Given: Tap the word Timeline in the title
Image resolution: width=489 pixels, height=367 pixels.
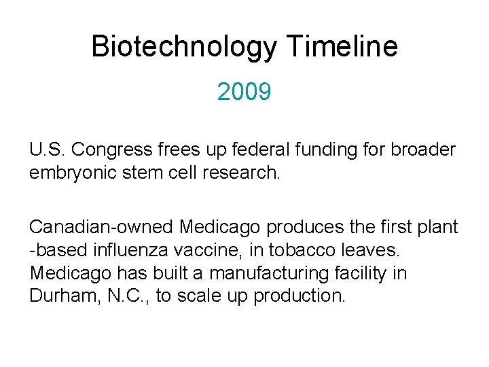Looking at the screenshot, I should click(x=342, y=47).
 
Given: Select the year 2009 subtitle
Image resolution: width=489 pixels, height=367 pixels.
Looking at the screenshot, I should click(x=244, y=91).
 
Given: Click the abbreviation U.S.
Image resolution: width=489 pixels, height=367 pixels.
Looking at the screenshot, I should click(x=48, y=150).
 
